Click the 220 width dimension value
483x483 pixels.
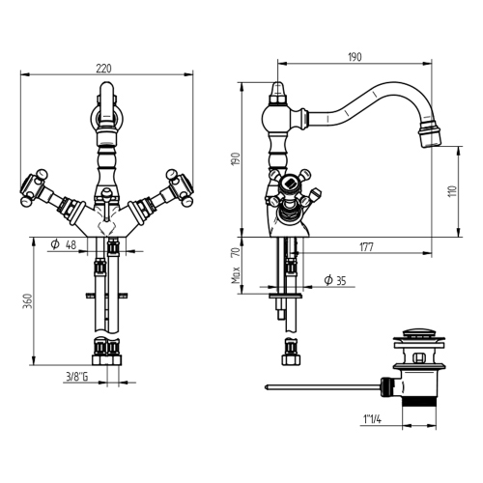click(x=103, y=68)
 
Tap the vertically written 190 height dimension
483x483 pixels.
click(x=234, y=158)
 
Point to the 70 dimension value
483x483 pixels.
click(x=235, y=253)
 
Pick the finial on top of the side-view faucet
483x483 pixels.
click(x=277, y=94)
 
